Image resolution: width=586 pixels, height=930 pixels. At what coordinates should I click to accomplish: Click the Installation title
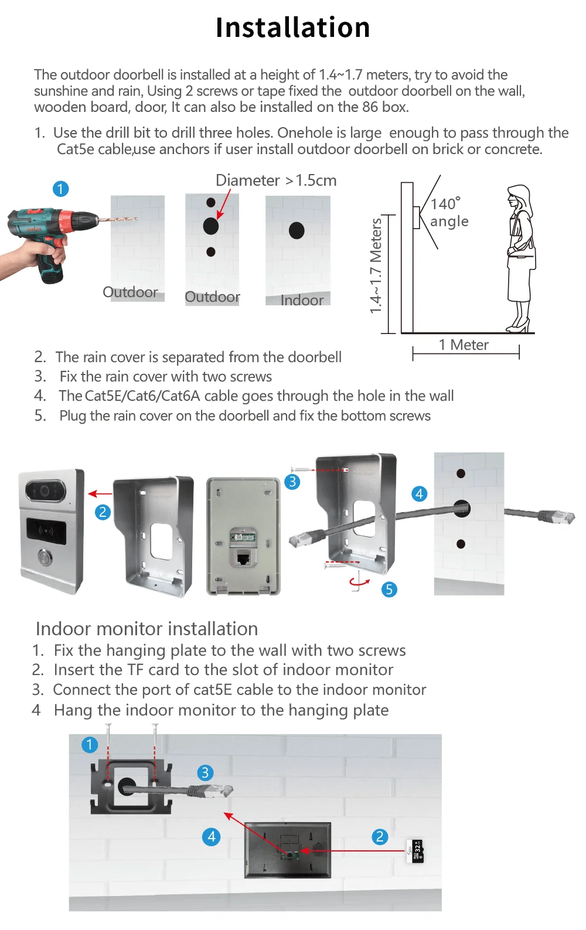292,28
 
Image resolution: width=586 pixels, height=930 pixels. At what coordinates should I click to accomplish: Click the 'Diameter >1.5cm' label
276,180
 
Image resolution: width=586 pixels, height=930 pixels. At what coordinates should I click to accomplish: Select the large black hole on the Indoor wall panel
297,230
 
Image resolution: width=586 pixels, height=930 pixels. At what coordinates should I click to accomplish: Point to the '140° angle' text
449,212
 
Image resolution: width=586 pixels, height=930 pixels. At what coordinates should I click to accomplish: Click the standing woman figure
520,258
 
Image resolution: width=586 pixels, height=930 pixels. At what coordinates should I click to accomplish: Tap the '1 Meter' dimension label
464,345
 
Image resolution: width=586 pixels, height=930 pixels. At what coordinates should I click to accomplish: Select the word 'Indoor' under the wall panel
302,301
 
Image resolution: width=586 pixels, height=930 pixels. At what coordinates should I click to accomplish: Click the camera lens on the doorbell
44,490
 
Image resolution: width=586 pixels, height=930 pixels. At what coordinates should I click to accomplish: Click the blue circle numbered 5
389,589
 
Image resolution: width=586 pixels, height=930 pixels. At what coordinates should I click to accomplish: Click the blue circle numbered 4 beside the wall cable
419,494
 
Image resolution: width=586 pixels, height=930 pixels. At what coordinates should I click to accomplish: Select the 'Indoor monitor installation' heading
146,629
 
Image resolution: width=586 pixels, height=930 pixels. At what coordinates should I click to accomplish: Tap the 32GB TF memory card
417,851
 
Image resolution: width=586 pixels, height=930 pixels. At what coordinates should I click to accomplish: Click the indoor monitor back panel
288,849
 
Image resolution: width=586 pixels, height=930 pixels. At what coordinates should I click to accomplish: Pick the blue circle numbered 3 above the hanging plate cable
205,772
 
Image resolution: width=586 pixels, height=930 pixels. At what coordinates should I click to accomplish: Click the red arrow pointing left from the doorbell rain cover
100,494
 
